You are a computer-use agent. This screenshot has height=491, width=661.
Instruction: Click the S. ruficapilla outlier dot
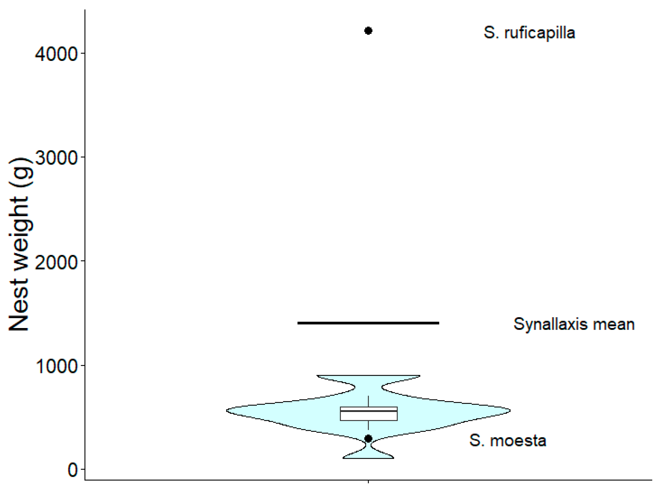(x=368, y=31)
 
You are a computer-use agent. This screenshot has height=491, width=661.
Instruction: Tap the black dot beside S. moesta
(x=368, y=439)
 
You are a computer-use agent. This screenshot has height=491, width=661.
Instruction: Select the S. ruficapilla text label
(x=529, y=33)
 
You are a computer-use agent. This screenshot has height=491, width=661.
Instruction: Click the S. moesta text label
(x=507, y=441)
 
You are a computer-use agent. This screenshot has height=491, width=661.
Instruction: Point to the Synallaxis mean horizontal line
(x=368, y=323)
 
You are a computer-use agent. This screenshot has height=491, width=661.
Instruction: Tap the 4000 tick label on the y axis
(x=56, y=54)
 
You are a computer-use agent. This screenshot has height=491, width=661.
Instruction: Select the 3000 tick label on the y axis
(x=56, y=158)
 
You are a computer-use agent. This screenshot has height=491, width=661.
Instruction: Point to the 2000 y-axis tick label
(x=56, y=262)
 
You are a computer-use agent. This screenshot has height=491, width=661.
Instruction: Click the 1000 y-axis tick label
(x=56, y=366)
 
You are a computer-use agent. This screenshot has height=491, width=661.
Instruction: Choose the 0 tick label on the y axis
(x=72, y=470)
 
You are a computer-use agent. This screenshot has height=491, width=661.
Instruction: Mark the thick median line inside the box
(x=369, y=411)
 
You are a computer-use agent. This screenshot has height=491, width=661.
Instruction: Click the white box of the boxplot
(x=369, y=414)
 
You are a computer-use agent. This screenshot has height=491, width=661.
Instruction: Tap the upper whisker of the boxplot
(x=369, y=402)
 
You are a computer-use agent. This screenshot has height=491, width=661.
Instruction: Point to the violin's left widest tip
(x=227, y=411)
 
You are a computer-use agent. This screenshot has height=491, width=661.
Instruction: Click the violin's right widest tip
(x=510, y=411)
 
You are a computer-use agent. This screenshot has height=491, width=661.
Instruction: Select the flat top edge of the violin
(x=368, y=375)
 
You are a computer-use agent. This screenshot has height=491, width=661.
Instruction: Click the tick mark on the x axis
(x=369, y=482)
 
